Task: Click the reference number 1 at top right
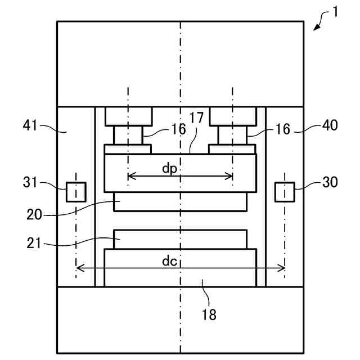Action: pos(336,11)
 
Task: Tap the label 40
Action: pos(330,125)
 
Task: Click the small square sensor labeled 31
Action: pos(76,192)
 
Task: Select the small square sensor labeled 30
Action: pos(284,192)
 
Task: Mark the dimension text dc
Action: pos(170,261)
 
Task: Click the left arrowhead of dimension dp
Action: pos(130,176)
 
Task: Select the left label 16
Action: pos(178,129)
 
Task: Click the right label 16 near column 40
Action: pos(283,129)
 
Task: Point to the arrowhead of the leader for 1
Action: pos(314,30)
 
